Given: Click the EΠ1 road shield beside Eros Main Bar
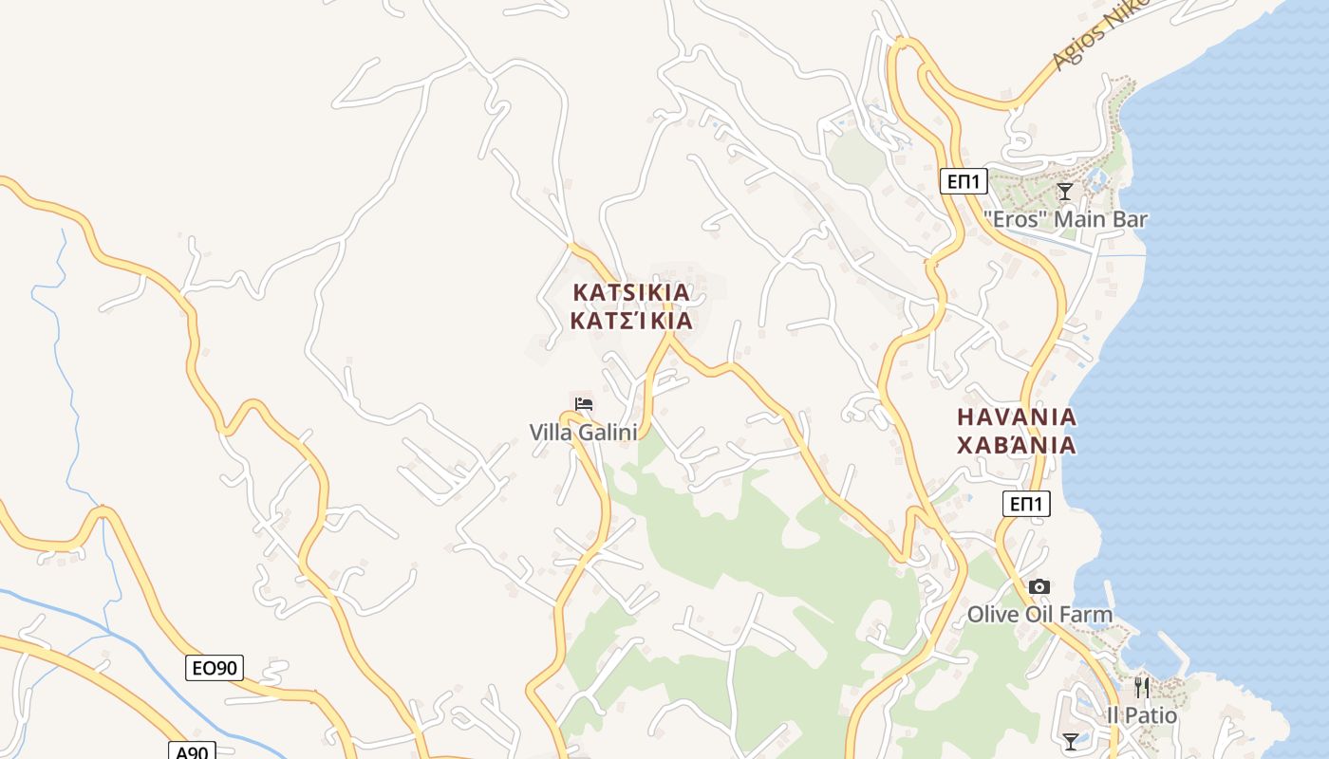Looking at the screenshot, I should click(964, 180).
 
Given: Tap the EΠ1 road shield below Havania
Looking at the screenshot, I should click(1026, 504).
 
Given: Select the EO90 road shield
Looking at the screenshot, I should click(214, 668).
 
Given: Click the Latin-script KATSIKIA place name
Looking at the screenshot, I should click(631, 292).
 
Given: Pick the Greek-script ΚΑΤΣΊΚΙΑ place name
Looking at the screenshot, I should click(631, 321).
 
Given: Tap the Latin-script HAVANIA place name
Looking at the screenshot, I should click(1017, 417).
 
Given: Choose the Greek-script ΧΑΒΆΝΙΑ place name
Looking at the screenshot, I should click(1017, 445).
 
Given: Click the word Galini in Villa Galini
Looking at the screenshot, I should click(610, 433).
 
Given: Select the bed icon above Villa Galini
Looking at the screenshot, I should click(584, 404).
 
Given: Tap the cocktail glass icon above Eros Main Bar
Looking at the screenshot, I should click(1065, 192).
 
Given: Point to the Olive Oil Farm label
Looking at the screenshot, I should click(1039, 615).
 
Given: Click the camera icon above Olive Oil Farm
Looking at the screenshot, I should click(1039, 587).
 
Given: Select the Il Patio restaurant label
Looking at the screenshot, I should click(1142, 715).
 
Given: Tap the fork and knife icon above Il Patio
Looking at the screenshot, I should click(1142, 687).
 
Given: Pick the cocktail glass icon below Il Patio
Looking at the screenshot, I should click(1071, 741).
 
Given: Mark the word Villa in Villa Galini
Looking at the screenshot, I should click(552, 433).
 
